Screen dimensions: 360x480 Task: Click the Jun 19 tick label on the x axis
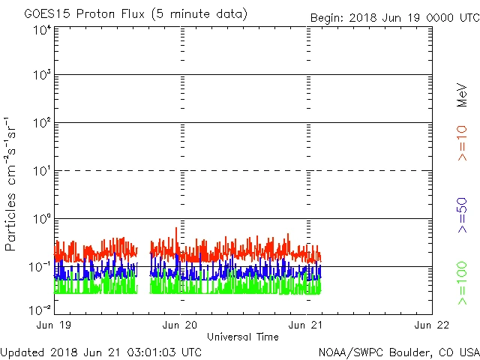coord(55,325)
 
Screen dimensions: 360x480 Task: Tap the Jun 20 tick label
coord(181,325)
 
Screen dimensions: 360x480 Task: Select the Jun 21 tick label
coord(307,325)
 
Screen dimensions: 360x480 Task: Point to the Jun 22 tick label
coord(433,325)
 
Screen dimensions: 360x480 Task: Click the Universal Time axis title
coord(243,337)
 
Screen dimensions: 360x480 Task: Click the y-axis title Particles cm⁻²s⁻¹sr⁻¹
coord(10,184)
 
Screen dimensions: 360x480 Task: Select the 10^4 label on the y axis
coord(40,30)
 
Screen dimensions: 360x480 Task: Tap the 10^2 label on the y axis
coord(40,124)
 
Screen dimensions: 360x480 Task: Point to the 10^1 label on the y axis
coord(40,172)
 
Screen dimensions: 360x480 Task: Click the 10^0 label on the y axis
coord(40,220)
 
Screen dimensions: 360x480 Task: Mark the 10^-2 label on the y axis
coord(39,309)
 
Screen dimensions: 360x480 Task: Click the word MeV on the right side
coord(463,95)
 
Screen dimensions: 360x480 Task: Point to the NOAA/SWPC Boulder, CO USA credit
coord(398,352)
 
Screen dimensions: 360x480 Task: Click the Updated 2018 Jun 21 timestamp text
coord(101,352)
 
